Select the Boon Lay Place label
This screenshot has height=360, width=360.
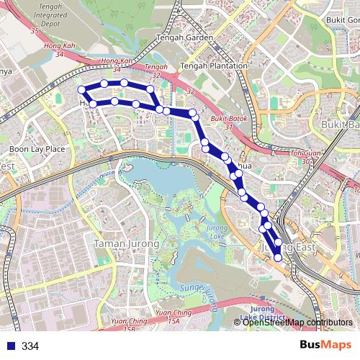click(x=37, y=149)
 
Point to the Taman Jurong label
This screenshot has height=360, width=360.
click(x=126, y=244)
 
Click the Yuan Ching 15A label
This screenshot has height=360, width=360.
click(x=173, y=316)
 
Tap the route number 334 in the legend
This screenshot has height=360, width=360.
click(x=30, y=346)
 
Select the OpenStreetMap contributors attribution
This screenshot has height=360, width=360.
click(x=297, y=322)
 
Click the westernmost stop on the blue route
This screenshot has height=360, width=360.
click(x=81, y=90)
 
